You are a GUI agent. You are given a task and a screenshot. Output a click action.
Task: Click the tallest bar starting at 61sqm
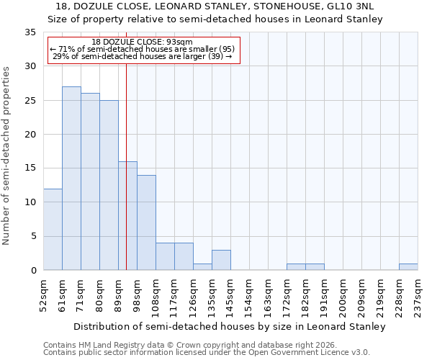71,179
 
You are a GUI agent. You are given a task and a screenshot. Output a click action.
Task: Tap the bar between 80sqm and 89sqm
109,185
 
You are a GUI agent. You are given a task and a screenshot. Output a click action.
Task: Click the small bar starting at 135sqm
221,260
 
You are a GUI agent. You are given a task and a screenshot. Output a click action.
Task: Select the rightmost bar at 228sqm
408,267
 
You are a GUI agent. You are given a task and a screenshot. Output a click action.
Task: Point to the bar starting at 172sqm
296,267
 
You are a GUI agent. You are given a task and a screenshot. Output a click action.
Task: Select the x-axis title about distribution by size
230,326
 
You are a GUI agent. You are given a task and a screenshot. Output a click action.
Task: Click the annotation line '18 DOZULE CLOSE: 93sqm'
143,42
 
